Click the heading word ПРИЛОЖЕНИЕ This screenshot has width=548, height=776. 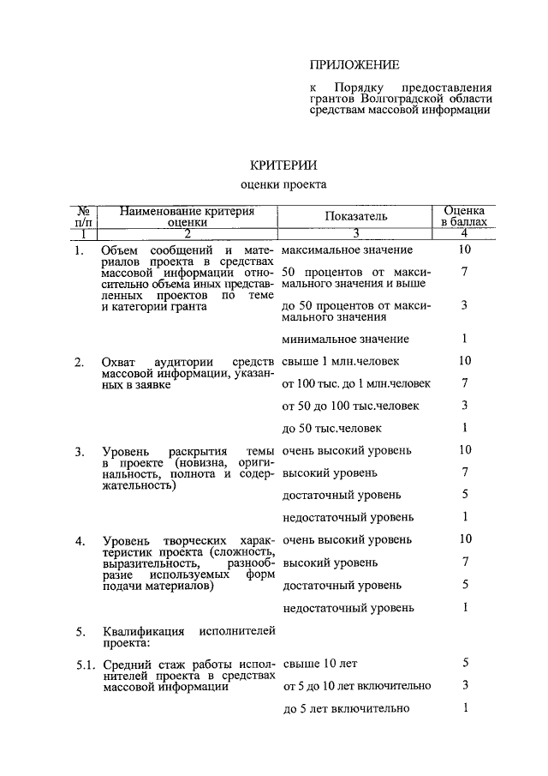[354, 64]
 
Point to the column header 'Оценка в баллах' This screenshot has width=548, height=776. [463, 215]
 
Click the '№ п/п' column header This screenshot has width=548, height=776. [84, 215]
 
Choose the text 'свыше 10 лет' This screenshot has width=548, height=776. [319, 663]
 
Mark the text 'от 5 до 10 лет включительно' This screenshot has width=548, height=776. [356, 685]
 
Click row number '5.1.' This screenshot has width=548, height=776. [84, 664]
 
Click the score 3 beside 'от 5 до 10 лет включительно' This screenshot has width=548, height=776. [463, 685]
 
